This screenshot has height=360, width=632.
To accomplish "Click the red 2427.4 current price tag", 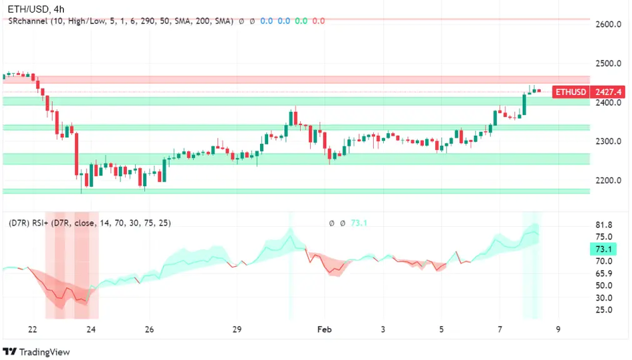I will [x=608, y=92].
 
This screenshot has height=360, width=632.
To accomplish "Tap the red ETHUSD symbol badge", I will [x=571, y=92].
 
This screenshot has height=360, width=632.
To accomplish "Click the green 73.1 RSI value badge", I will [x=603, y=250].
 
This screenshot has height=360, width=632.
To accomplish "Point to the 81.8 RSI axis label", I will [x=603, y=225].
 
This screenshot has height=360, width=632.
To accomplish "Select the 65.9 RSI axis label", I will [x=603, y=273].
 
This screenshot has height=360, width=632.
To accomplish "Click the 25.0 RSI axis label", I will [x=603, y=310].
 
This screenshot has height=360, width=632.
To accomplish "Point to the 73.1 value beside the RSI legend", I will [x=359, y=223].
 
